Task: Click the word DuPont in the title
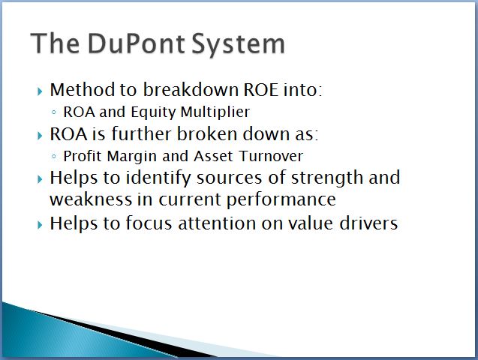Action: coord(137,43)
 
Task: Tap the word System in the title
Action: coord(239,44)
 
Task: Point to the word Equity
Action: coord(153,112)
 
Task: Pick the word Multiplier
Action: coord(215,112)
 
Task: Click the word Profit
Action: coord(83,156)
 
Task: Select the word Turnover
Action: coord(271,156)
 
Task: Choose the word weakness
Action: coord(91,199)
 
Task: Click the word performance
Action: coord(281,200)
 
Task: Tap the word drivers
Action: coord(368,223)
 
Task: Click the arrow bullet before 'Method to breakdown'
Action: coord(40,91)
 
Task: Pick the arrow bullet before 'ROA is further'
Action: coord(40,136)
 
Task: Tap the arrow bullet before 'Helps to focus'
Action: coord(40,225)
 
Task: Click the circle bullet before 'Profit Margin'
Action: coord(54,157)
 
